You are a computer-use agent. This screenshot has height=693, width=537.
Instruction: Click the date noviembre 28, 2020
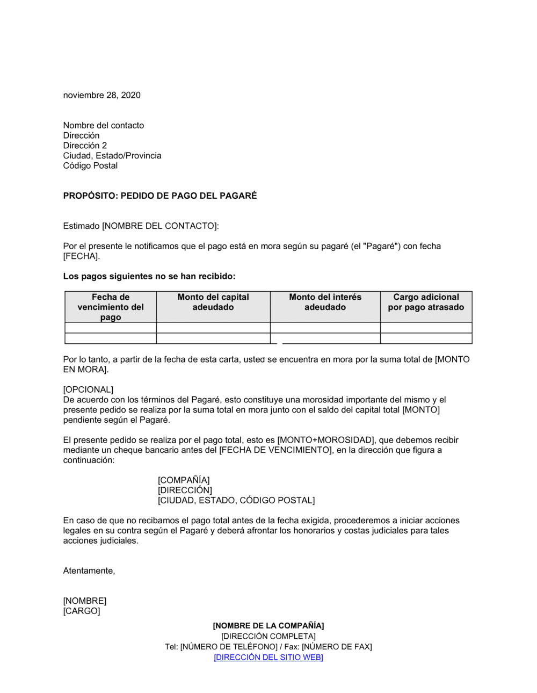102,95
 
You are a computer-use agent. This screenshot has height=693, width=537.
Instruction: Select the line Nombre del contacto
104,125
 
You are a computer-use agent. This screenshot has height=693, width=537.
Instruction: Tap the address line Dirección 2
85,146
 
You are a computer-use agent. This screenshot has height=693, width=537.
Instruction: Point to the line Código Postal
90,165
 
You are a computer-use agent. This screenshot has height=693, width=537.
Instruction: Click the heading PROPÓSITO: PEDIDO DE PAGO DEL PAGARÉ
160,196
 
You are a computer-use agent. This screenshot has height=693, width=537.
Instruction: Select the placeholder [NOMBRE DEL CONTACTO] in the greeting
159,226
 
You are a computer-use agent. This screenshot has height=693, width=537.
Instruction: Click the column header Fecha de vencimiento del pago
111,307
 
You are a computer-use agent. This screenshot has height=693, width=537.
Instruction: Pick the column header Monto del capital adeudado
213,302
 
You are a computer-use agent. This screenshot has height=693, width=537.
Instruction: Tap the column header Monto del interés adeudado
325,302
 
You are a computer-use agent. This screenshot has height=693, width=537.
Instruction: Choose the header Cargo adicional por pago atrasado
426,302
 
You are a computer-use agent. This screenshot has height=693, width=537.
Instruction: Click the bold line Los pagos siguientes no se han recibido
149,276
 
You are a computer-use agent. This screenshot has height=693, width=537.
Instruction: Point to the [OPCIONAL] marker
88,389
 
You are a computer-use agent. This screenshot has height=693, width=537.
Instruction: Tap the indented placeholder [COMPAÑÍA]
184,480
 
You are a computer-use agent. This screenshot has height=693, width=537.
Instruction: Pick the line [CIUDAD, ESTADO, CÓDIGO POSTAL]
236,500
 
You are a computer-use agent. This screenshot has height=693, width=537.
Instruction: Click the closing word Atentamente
89,571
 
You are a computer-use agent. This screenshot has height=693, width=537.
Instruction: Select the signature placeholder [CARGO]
82,611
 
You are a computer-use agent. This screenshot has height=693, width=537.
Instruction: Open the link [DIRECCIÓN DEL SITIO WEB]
268,657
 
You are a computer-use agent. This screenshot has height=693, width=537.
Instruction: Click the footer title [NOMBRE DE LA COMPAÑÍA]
268,625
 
